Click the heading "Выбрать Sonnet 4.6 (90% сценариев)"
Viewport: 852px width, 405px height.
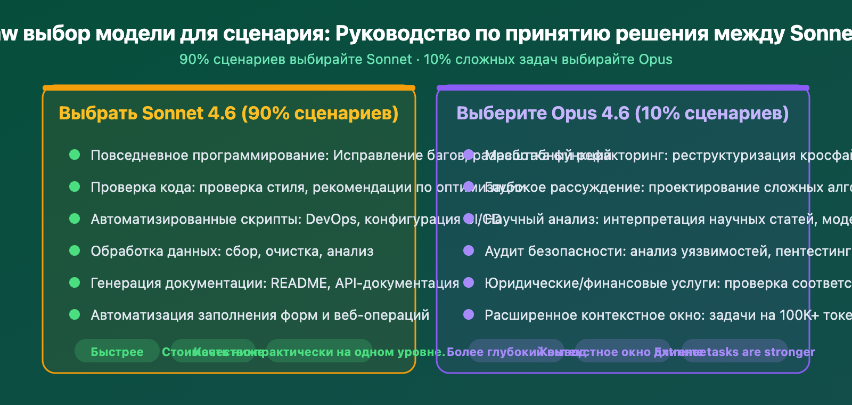pos(228,114)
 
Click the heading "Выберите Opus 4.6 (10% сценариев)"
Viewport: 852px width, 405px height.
pos(622,114)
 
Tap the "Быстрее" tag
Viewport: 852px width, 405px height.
pos(117,352)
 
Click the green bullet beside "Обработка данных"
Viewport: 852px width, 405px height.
pos(75,250)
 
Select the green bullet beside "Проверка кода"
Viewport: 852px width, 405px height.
pos(75,187)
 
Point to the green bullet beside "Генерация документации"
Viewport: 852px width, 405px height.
pos(75,282)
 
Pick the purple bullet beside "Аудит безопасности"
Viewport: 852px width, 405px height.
pos(469,250)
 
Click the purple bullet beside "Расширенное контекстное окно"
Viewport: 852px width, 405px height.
pos(469,314)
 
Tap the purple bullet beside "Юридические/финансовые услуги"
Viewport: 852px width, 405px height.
pos(469,282)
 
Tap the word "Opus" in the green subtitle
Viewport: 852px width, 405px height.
pos(656,59)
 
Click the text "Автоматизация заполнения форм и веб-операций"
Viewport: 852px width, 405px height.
pos(260,315)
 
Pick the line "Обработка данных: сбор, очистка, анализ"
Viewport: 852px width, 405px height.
pos(232,251)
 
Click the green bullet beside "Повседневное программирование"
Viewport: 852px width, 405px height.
pos(75,155)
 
